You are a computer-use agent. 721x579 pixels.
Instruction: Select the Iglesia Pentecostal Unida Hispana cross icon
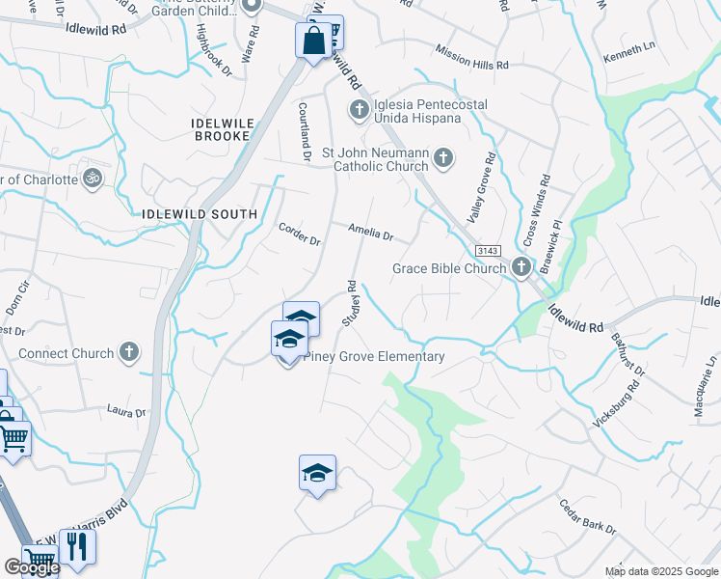click(359, 109)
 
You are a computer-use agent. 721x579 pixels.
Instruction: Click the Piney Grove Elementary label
click(374, 356)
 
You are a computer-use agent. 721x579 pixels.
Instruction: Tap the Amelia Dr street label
click(371, 234)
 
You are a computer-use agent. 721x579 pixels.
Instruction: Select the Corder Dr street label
click(299, 234)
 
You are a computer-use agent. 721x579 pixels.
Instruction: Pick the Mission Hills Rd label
click(471, 57)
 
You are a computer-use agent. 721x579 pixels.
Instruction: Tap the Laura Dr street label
click(126, 412)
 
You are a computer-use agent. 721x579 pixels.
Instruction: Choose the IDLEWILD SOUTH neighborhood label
click(200, 214)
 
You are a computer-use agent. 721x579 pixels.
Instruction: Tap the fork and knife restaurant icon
click(78, 546)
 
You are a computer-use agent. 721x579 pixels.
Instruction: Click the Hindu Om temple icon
click(93, 179)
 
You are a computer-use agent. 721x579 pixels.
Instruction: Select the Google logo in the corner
click(32, 567)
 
